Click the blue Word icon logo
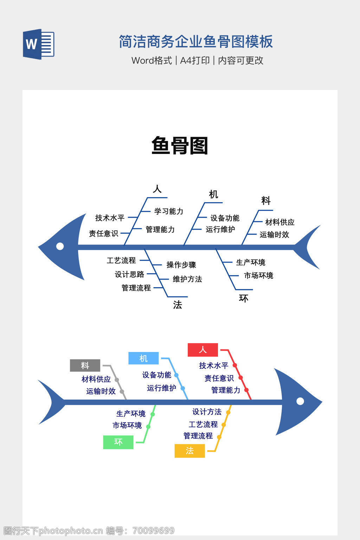coord(38,44)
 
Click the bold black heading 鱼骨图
coord(180,146)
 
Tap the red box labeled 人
coord(203,350)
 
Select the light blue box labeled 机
coord(143,358)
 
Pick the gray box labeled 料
coord(85,366)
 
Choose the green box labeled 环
coord(118,442)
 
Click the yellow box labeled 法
coord(189,451)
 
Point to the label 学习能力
coord(169,211)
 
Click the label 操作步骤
coord(181,265)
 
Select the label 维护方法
coord(187,279)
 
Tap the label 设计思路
coord(129,274)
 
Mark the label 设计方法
coord(207,412)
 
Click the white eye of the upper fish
coord(60,246)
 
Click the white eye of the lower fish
coord(300,401)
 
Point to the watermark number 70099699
coord(154,531)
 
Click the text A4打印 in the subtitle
coord(195,60)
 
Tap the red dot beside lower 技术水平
coord(235,366)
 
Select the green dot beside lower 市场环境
coord(148,427)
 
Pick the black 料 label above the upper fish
coord(266,201)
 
